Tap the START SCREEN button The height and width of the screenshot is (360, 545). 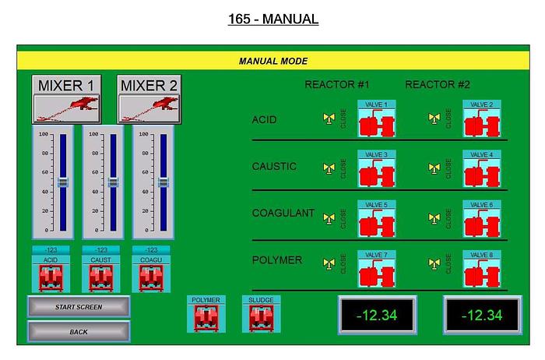[x=79, y=307]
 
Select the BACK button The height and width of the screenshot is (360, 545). [x=79, y=332]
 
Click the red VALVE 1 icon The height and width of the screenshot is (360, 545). [x=377, y=124]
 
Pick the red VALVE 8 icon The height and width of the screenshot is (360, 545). [x=482, y=271]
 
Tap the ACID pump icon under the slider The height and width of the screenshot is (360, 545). [x=51, y=277]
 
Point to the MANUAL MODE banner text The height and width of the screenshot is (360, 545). [x=272, y=61]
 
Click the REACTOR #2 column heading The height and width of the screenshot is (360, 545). [x=438, y=84]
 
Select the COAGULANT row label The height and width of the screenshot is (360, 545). [x=283, y=214]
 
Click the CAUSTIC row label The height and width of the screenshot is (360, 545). [x=275, y=167]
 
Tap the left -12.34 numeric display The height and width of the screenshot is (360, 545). [x=377, y=315]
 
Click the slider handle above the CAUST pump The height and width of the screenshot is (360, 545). [x=113, y=182]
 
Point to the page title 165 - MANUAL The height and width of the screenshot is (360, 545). [x=272, y=19]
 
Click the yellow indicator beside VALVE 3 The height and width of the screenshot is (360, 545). [x=329, y=168]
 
